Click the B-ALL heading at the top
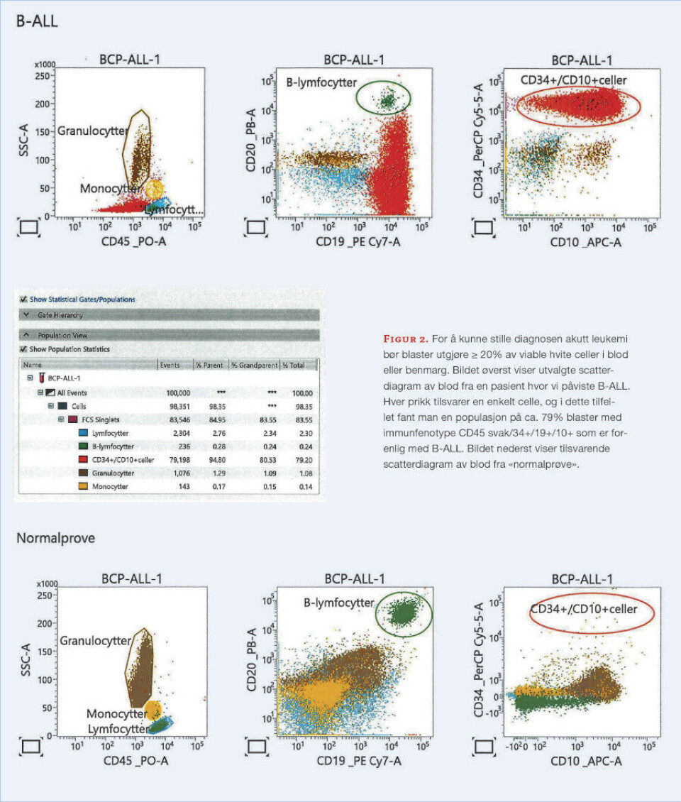point(37,21)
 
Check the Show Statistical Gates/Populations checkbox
point(24,300)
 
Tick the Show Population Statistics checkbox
point(24,349)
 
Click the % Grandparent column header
point(252,365)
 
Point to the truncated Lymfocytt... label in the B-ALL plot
point(173,210)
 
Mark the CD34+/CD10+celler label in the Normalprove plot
point(584,609)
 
